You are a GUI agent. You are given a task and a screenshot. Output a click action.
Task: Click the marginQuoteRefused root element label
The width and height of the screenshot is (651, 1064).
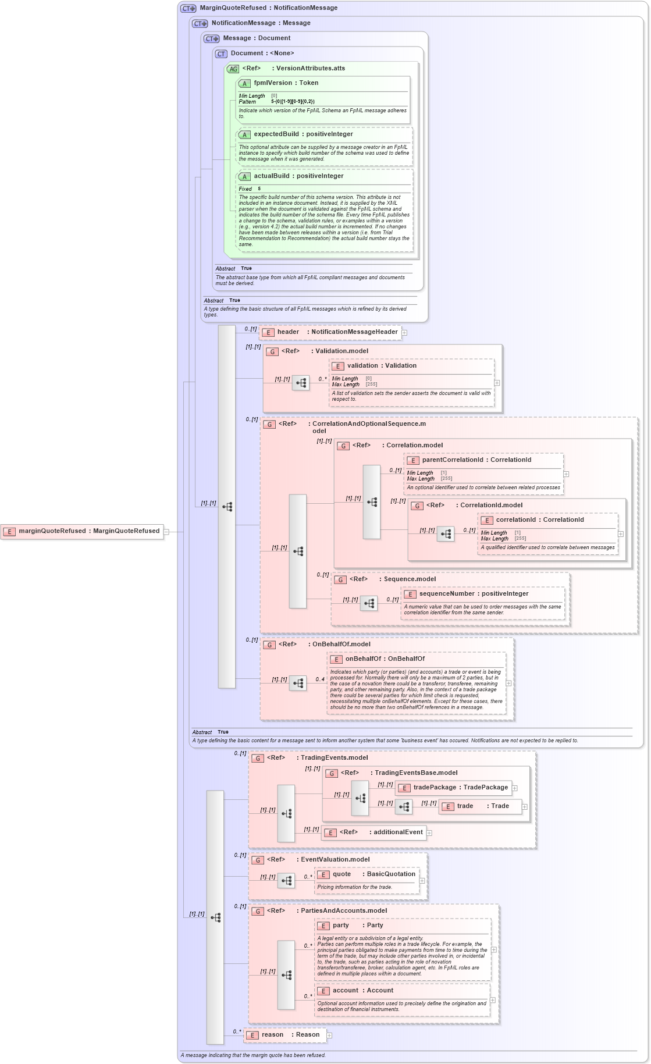click(x=89, y=531)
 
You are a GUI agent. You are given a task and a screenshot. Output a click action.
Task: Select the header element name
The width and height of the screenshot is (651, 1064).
click(x=288, y=332)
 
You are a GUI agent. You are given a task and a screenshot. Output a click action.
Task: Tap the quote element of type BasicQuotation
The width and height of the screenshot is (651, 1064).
click(x=341, y=874)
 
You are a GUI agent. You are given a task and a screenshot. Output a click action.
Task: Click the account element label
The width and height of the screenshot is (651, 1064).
click(x=346, y=991)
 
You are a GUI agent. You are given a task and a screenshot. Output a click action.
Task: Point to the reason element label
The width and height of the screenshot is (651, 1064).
click(x=272, y=1035)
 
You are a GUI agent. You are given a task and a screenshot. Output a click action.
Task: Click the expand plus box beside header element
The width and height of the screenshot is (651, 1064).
click(x=404, y=333)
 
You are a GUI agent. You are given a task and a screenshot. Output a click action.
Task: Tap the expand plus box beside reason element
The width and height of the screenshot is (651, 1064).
click(x=329, y=1035)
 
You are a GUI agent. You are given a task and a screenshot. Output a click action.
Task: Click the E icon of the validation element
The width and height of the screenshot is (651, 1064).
click(x=337, y=366)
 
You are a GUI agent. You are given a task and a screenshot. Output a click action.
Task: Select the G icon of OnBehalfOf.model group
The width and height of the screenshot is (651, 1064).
click(x=269, y=645)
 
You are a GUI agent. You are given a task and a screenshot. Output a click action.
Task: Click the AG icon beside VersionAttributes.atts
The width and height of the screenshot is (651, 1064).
click(x=233, y=69)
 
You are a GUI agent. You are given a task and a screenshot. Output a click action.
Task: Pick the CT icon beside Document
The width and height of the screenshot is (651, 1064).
click(x=221, y=54)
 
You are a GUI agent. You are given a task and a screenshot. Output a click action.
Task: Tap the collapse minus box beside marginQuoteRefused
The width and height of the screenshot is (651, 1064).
click(x=166, y=532)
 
